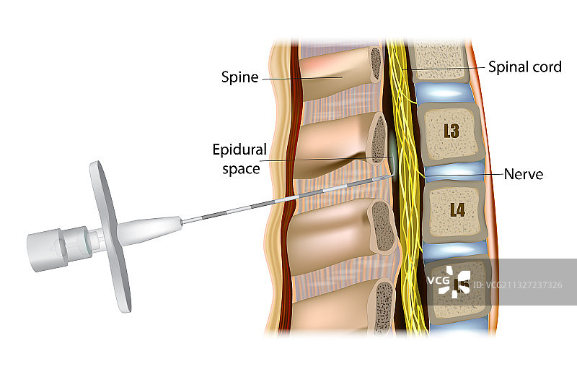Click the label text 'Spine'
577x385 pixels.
(x=239, y=77)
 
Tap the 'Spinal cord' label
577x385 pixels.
(x=524, y=67)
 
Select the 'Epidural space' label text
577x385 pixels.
(x=239, y=159)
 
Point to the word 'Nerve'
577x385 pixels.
(x=523, y=174)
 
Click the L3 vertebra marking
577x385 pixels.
(x=452, y=131)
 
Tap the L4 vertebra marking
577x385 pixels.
(x=457, y=210)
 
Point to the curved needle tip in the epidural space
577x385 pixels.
(x=394, y=172)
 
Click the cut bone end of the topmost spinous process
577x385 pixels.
(x=375, y=64)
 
